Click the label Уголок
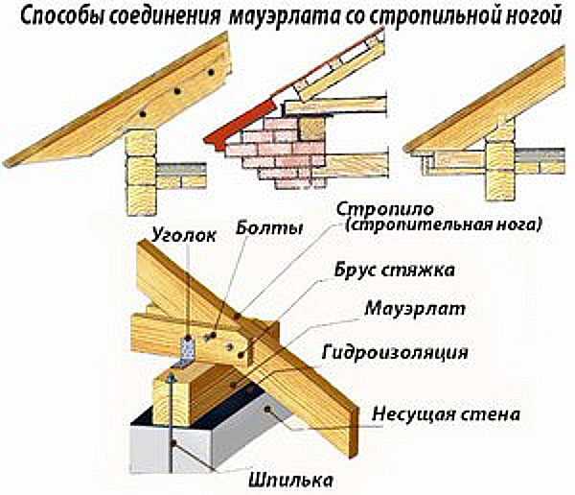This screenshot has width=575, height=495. (x=184, y=235)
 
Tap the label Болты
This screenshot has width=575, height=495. (x=269, y=228)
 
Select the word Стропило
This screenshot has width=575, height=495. (x=385, y=210)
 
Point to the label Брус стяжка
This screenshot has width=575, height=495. (x=395, y=271)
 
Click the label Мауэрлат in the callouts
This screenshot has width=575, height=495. (x=415, y=309)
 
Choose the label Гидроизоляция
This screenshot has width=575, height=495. (x=395, y=352)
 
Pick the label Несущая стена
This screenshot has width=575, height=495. (x=446, y=414)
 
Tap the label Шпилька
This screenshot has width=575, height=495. (x=290, y=480)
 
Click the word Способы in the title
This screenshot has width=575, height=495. (x=62, y=17)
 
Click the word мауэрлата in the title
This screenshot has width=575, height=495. (x=285, y=17)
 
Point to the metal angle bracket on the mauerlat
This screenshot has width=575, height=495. (x=187, y=352)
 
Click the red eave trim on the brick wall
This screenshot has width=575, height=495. (x=241, y=124)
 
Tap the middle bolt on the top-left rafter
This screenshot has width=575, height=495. (x=177, y=91)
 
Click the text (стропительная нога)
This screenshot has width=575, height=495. (x=443, y=224)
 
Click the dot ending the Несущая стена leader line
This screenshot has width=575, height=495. (x=268, y=409)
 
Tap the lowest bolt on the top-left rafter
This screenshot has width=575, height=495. (x=143, y=114)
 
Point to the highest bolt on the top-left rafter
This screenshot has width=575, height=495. (x=211, y=72)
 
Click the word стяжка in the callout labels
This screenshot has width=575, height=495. (x=419, y=271)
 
